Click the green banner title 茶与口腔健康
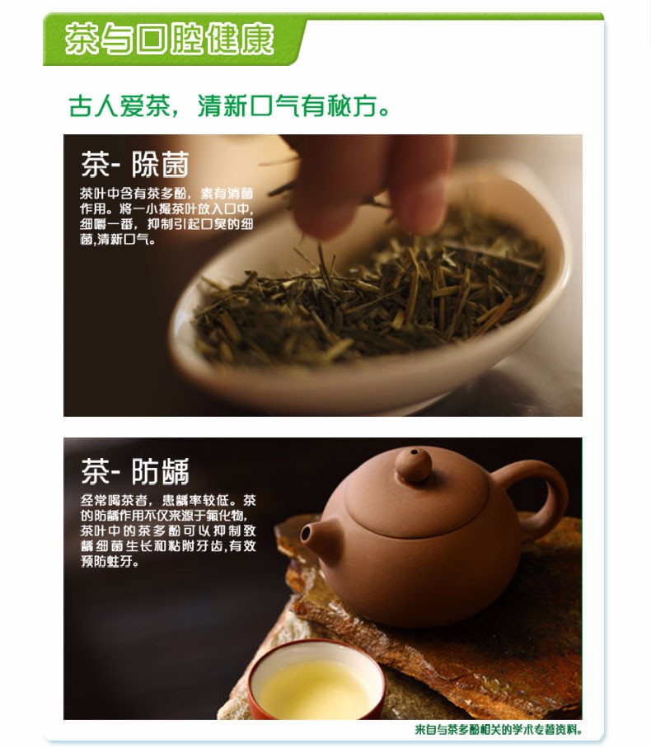[170, 39]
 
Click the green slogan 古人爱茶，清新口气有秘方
[229, 106]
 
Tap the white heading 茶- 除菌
[135, 164]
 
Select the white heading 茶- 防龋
[135, 471]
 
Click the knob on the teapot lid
[414, 464]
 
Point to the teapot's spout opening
[306, 533]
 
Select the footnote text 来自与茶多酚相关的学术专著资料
[499, 730]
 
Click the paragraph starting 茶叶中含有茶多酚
[166, 216]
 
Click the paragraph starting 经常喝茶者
[168, 531]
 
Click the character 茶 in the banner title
[82, 39]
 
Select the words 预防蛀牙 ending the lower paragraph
[110, 562]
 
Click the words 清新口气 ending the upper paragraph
[125, 239]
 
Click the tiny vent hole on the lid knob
[414, 451]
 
